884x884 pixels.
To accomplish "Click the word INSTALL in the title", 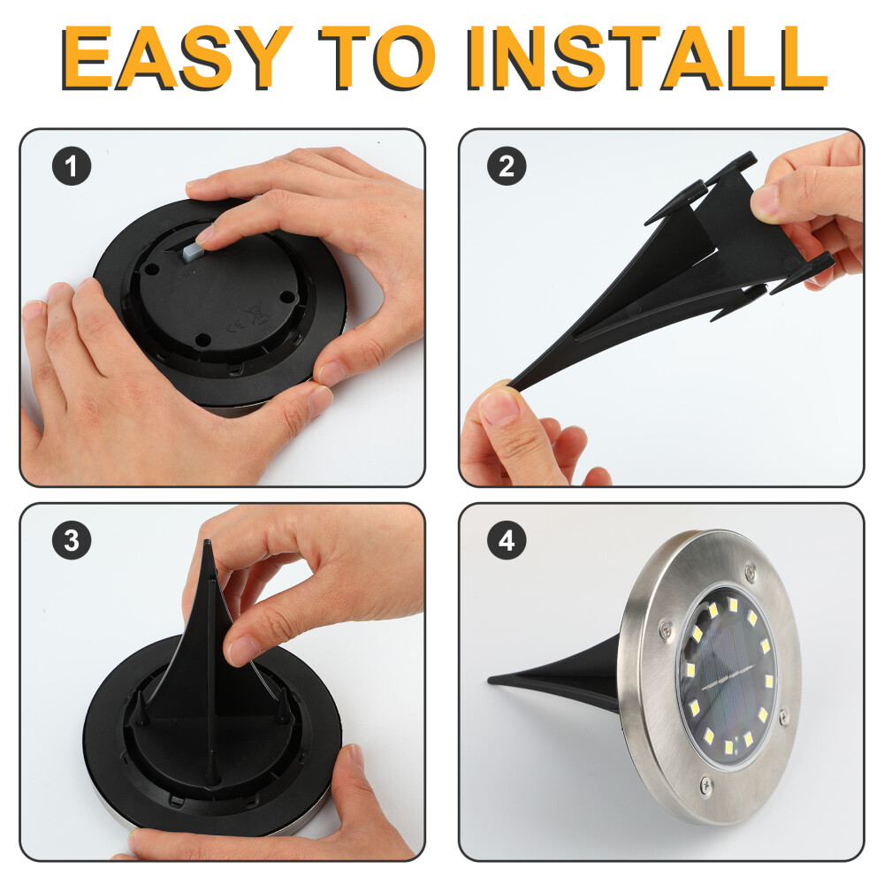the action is (646, 58).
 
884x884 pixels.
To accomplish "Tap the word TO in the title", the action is (377, 58).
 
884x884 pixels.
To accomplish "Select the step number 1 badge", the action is (72, 166).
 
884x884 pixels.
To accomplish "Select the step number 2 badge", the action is (507, 166).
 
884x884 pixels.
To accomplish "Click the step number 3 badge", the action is (72, 540).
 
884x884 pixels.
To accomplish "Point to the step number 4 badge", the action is (507, 540).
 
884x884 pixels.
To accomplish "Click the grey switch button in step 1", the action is (193, 249).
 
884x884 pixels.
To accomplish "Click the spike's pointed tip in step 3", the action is (208, 543).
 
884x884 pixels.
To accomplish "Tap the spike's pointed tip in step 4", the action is (491, 680).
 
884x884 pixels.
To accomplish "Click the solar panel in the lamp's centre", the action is (727, 675).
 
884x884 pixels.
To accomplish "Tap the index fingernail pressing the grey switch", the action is (205, 234).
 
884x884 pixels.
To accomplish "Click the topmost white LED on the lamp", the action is (732, 605).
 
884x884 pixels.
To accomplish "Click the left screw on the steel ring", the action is (666, 628).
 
